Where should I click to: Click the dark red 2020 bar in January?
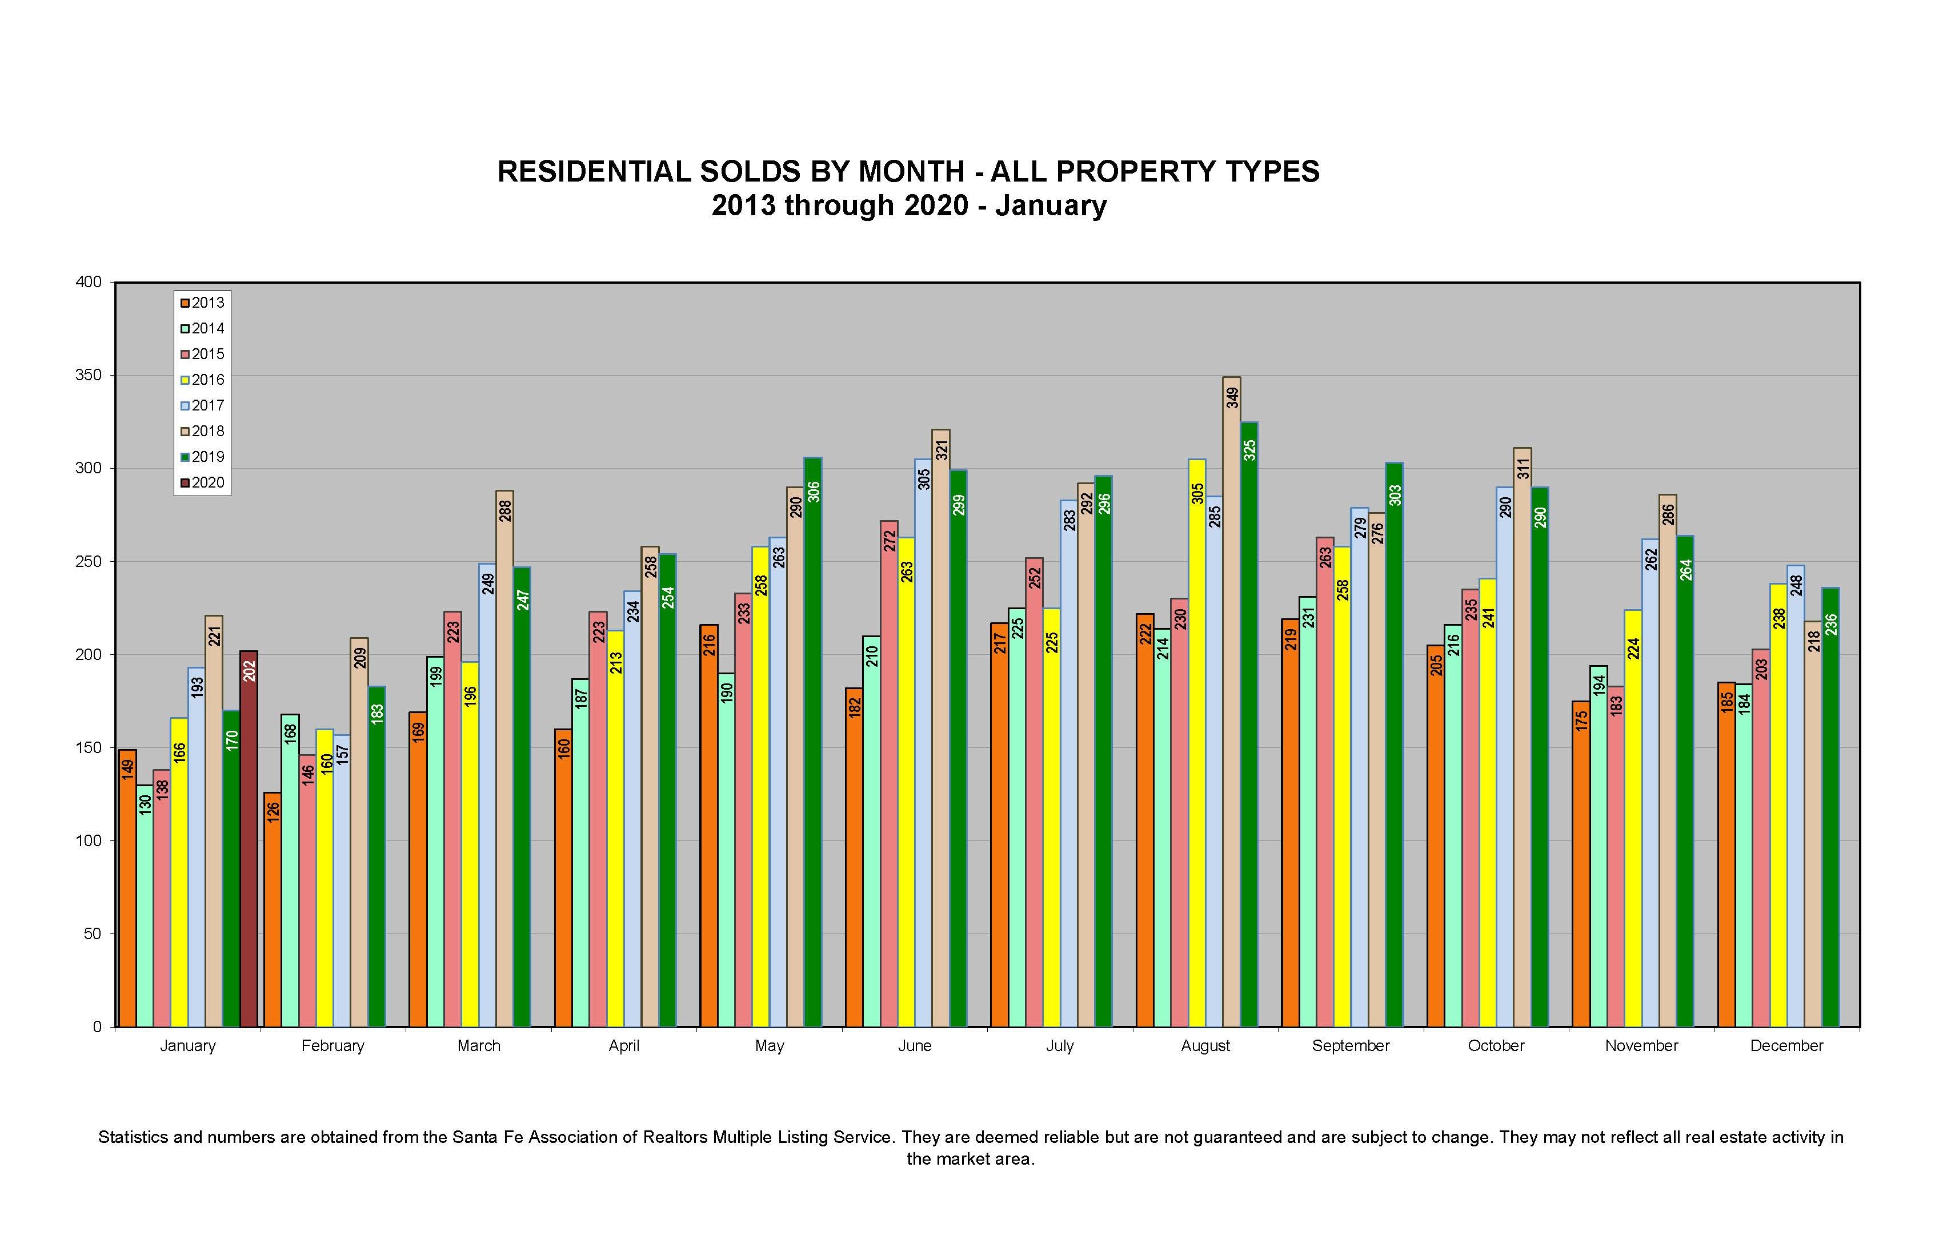(249, 840)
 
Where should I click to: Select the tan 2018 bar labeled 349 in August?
(1231, 702)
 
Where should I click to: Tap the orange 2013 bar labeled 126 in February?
(273, 909)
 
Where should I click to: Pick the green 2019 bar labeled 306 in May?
(813, 742)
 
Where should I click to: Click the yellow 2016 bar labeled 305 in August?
(1197, 742)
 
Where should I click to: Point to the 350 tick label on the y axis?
(89, 375)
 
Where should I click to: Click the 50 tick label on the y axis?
(92, 934)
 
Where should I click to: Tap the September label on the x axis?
(1351, 1045)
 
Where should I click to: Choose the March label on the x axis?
(479, 1045)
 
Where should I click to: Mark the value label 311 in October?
(1523, 469)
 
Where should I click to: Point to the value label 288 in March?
(505, 510)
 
